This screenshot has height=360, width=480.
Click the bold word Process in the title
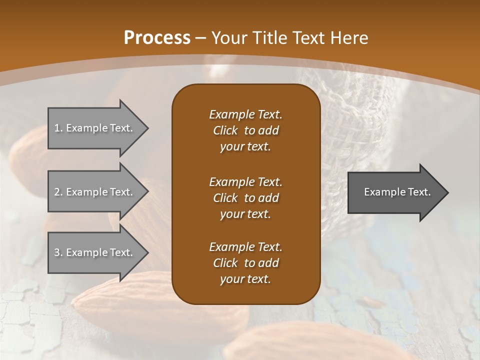(157, 37)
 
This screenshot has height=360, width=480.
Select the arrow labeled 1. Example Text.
(95, 128)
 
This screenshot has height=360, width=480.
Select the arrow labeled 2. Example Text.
(95, 192)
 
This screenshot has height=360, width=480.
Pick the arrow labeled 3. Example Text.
(95, 252)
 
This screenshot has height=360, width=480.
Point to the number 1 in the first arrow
(57, 128)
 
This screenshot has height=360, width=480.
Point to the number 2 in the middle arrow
(57, 192)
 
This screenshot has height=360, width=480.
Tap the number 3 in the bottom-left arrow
(57, 252)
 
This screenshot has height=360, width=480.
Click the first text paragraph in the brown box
(245, 130)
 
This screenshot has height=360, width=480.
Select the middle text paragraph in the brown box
(245, 197)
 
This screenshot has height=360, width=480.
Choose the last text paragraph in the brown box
(245, 263)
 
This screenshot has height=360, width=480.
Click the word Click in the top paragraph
(225, 130)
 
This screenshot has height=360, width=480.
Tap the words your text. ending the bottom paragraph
(245, 279)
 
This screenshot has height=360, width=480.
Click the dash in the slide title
(200, 37)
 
